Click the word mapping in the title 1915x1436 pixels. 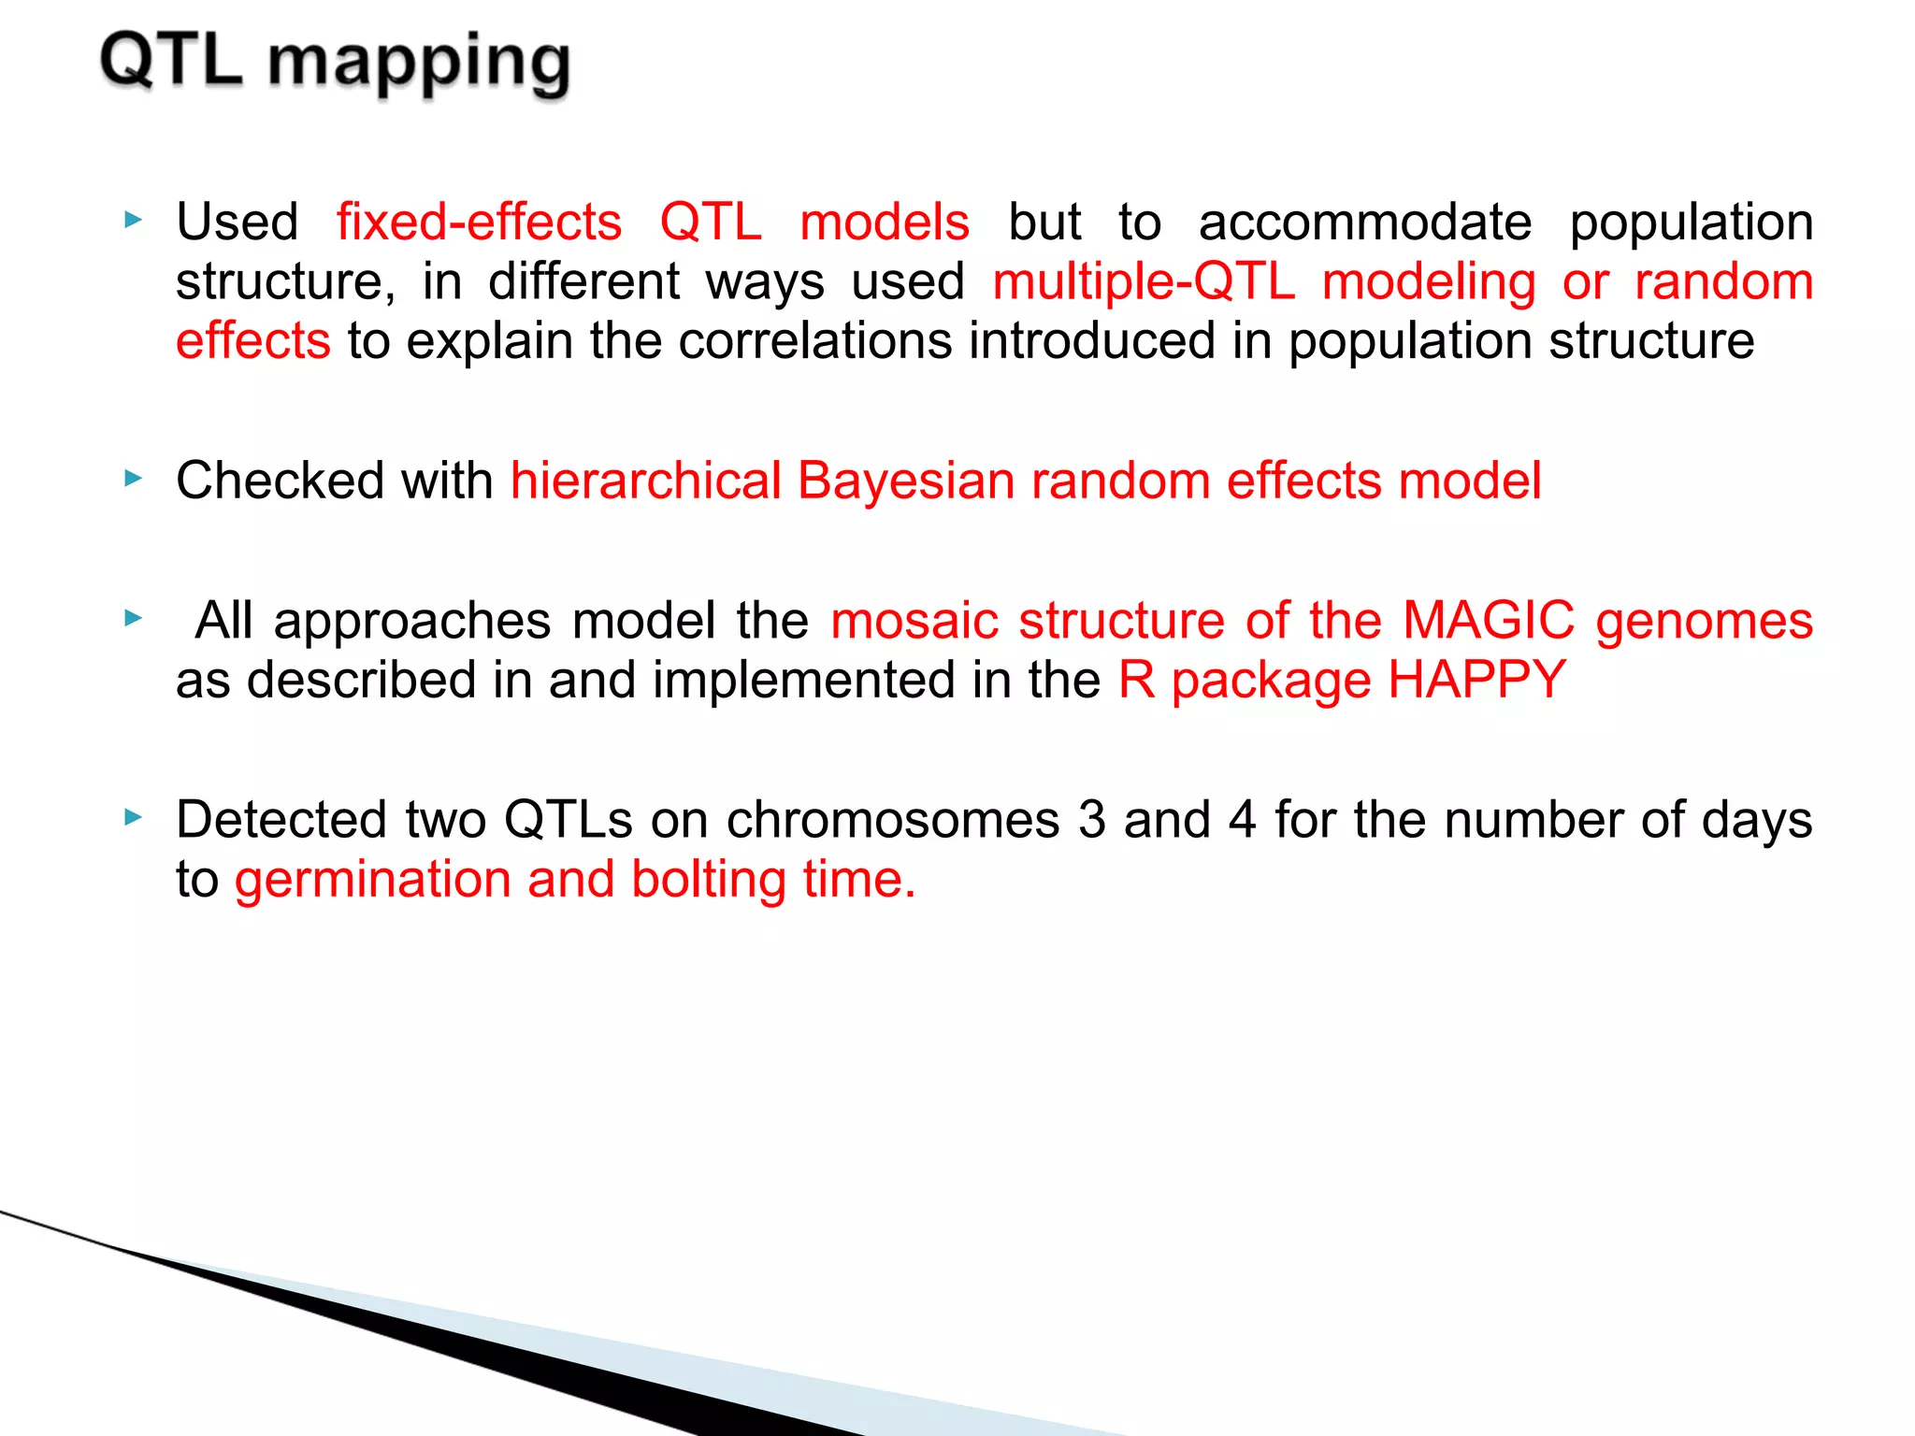click(419, 64)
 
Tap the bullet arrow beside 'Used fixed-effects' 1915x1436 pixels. click(134, 221)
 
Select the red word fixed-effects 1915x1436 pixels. click(479, 223)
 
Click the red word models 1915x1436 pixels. click(885, 223)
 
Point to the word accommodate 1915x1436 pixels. click(1364, 223)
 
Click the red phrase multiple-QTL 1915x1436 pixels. click(1143, 283)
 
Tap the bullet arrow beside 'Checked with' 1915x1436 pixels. click(134, 479)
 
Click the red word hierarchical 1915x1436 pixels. click(645, 481)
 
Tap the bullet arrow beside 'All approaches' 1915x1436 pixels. click(134, 618)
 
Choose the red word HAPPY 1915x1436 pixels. click(1476, 680)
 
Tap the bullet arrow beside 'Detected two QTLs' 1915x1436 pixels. click(134, 818)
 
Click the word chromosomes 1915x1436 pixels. click(893, 820)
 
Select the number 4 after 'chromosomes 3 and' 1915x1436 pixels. click(1241, 820)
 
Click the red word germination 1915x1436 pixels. click(372, 881)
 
